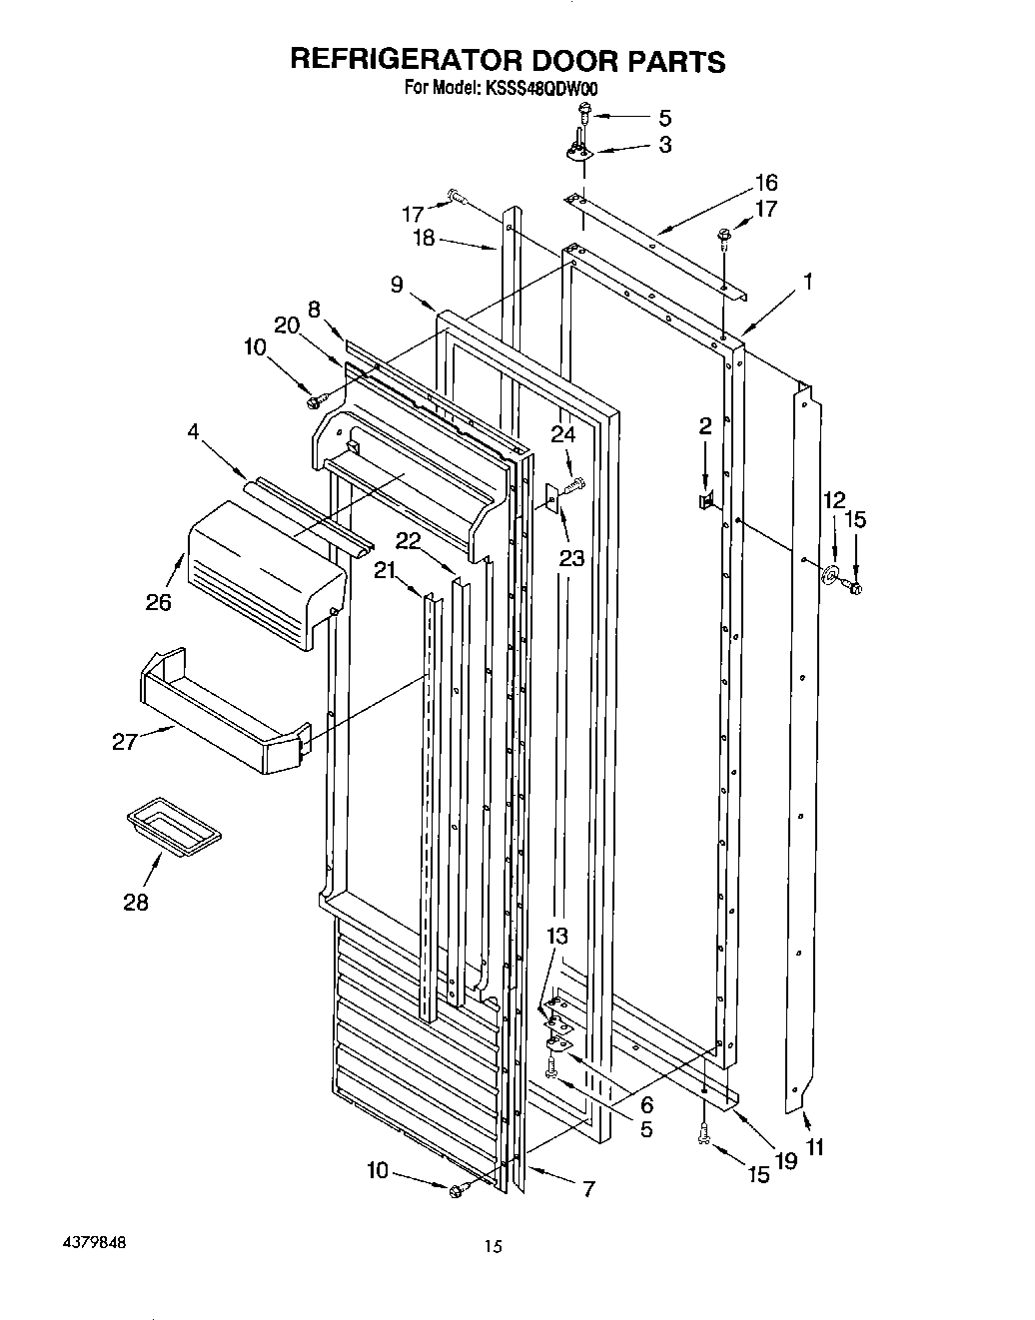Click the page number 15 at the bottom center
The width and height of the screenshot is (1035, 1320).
click(492, 1246)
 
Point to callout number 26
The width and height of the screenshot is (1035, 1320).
click(158, 602)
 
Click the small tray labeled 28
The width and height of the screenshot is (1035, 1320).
click(174, 829)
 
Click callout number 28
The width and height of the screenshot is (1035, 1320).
click(136, 903)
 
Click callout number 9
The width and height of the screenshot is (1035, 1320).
click(398, 285)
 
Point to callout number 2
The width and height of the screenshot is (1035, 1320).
click(705, 427)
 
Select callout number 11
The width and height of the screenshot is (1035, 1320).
click(815, 1148)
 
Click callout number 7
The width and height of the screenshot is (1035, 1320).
click(588, 1189)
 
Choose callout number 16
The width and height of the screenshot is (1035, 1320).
click(765, 183)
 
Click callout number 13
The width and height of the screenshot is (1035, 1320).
click(556, 937)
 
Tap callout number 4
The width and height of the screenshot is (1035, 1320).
click(193, 432)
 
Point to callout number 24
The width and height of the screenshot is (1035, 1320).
click(563, 434)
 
